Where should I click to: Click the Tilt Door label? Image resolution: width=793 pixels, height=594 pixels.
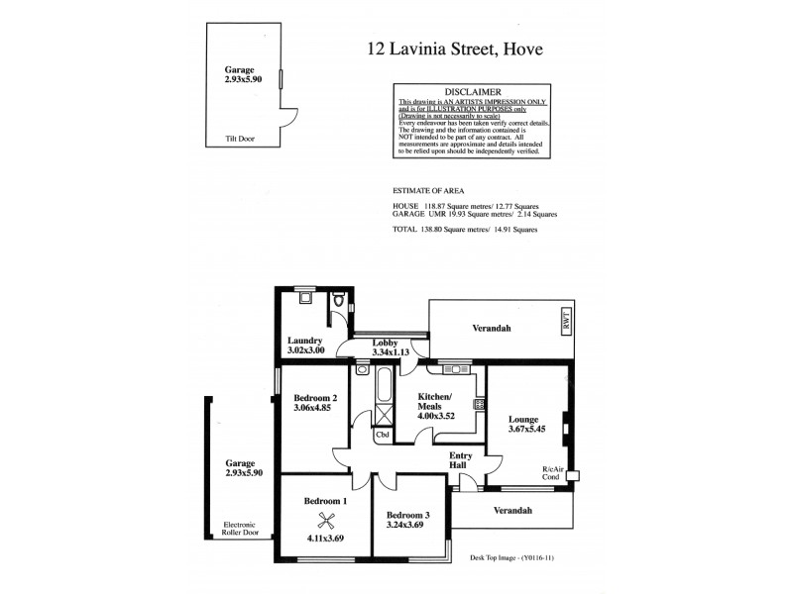pyautogui.click(x=241, y=139)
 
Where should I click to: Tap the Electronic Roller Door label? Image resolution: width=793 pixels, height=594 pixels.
pyautogui.click(x=239, y=528)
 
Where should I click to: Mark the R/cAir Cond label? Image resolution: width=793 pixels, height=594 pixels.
pyautogui.click(x=551, y=472)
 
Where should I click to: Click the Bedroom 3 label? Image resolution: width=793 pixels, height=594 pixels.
pyautogui.click(x=408, y=514)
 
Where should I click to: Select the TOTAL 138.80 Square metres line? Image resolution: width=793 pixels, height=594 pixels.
pyautogui.click(x=465, y=229)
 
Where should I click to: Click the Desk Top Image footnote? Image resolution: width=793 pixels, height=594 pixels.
pyautogui.click(x=510, y=557)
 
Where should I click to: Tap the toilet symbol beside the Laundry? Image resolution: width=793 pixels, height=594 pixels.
pyautogui.click(x=339, y=298)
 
